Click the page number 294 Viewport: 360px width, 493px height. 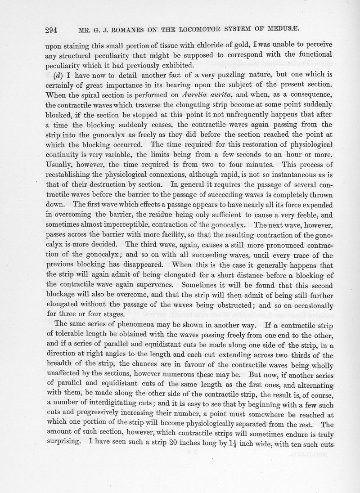pyautogui.click(x=52, y=31)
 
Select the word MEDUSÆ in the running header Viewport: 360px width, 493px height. pyautogui.click(x=286, y=30)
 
